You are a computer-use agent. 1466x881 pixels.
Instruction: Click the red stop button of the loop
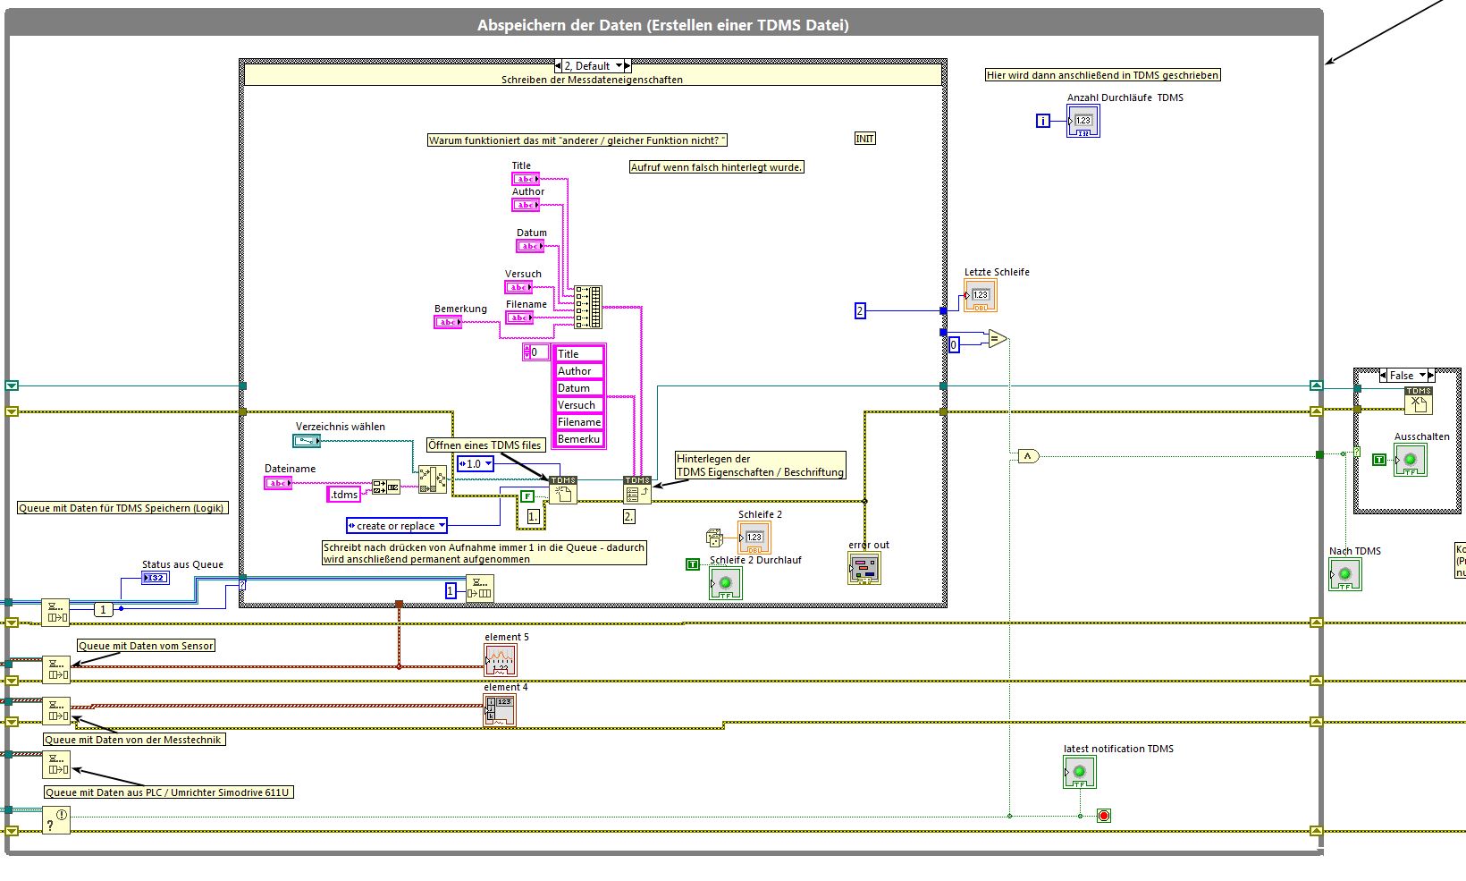tap(1104, 816)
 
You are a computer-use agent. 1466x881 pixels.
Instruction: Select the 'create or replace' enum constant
tap(396, 526)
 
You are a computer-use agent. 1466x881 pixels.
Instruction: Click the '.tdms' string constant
tap(345, 495)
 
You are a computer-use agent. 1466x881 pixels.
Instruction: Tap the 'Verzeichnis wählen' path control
tap(307, 441)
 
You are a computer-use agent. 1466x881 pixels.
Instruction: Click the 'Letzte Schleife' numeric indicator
tap(980, 295)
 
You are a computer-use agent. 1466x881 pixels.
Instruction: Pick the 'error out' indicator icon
tap(864, 568)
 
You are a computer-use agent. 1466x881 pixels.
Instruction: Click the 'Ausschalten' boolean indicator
tap(1411, 460)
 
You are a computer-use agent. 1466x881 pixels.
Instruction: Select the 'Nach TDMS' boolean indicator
tap(1344, 574)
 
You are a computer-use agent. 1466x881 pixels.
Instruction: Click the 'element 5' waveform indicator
tap(501, 661)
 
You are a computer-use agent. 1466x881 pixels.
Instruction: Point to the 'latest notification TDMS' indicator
tap(1079, 772)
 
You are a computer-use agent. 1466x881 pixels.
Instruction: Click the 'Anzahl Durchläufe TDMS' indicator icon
tap(1083, 121)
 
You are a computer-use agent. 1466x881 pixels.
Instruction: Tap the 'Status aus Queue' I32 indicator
tap(156, 578)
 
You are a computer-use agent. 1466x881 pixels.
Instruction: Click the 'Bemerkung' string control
tap(448, 322)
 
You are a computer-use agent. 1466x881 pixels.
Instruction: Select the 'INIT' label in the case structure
tap(864, 139)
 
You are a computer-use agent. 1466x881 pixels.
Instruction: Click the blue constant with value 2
tap(860, 311)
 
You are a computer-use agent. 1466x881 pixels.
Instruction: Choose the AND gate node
tap(1028, 456)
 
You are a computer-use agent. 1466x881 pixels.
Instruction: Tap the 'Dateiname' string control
tap(278, 483)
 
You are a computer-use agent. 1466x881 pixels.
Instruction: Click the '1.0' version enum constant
tap(476, 464)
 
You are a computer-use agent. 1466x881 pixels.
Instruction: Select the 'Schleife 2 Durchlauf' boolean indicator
tap(725, 583)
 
